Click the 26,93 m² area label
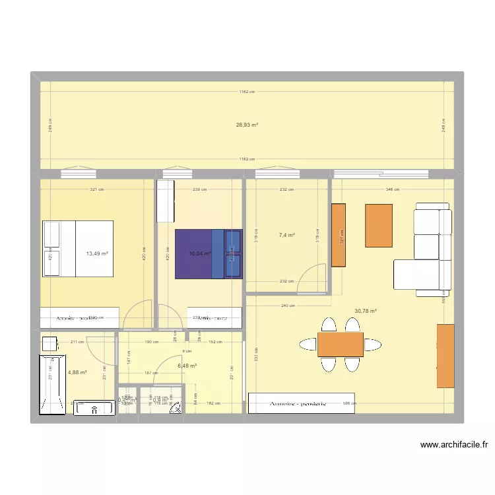click(x=247, y=125)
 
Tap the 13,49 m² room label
click(x=96, y=253)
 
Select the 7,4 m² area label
click(x=286, y=235)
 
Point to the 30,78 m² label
click(x=365, y=311)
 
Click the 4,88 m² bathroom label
click(x=77, y=372)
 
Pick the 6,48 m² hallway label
click(x=187, y=366)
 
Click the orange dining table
click(x=340, y=344)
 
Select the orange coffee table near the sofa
click(x=379, y=226)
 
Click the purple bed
click(x=208, y=254)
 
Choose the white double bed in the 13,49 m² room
click(x=78, y=248)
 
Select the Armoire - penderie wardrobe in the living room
click(x=301, y=403)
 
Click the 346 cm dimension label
click(x=392, y=190)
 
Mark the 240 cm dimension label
click(x=288, y=306)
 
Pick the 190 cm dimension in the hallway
click(x=150, y=342)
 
